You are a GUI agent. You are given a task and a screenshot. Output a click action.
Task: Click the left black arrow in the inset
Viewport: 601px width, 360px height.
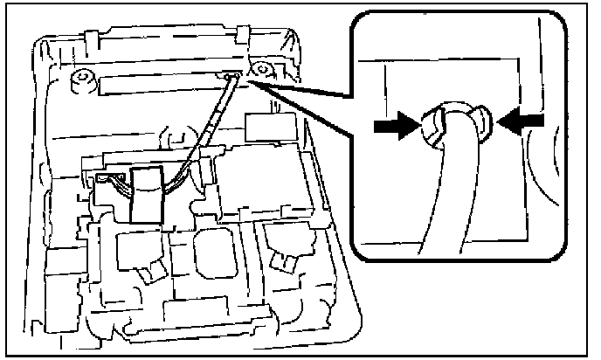pyautogui.click(x=391, y=126)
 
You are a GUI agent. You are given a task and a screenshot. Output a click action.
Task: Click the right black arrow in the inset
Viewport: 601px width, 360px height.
pyautogui.click(x=522, y=122)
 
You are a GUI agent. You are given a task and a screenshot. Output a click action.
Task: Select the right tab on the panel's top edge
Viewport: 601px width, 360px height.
pyautogui.click(x=240, y=31)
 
